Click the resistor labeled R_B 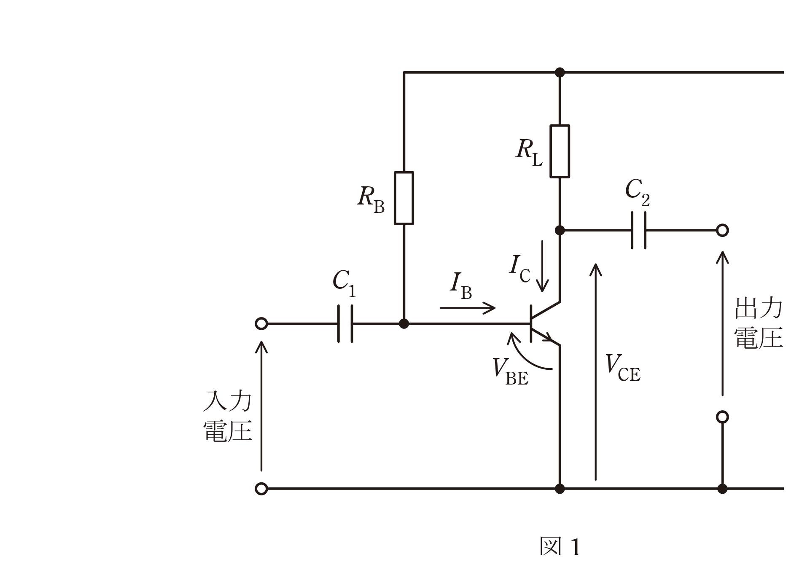[404, 198]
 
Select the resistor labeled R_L [560, 151]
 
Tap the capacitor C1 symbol [345, 324]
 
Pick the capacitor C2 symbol [638, 230]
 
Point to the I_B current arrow [467, 308]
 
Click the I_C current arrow [542, 266]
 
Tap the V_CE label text [622, 367]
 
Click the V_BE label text [510, 371]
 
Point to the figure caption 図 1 [560, 546]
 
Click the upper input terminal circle [261, 324]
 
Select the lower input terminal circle [261, 489]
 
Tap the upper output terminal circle [722, 230]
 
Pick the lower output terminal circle [722, 417]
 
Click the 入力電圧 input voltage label [227, 416]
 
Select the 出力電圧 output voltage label [759, 323]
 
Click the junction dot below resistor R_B [404, 324]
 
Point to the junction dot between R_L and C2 [560, 230]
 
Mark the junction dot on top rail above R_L [560, 73]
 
